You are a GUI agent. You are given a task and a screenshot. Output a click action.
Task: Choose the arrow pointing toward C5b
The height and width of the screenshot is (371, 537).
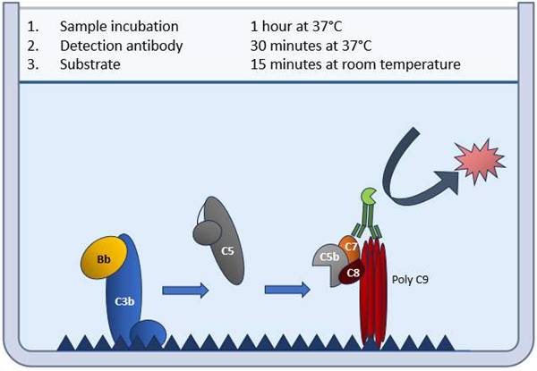pyautogui.click(x=287, y=290)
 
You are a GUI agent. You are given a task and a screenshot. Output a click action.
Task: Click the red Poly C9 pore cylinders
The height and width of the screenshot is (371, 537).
pyautogui.click(x=376, y=295)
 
